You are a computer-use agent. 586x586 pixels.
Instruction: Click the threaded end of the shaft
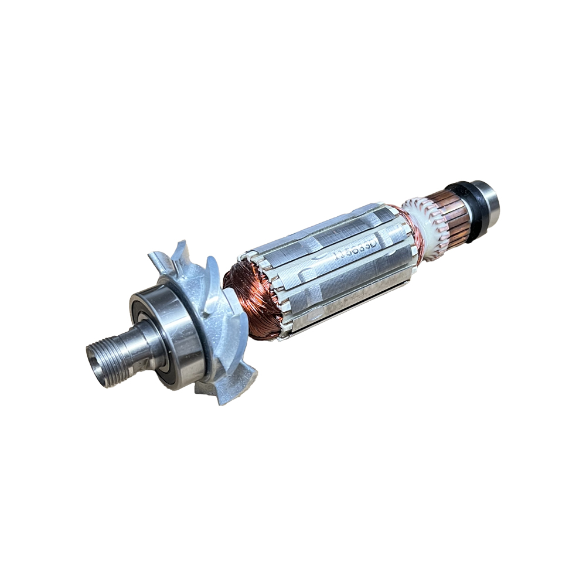point(108,358)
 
